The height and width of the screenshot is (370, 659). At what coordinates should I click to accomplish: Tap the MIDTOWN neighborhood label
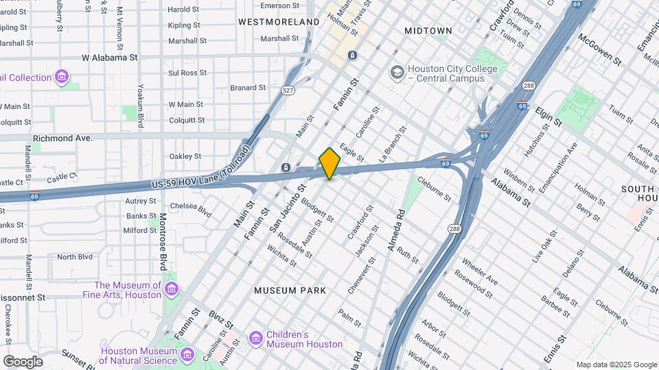click(428, 31)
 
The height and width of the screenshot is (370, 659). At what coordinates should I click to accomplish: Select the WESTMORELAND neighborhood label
click(279, 22)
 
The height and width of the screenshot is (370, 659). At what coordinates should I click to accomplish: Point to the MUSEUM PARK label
click(285, 291)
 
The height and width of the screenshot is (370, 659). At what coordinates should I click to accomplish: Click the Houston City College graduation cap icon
click(396, 72)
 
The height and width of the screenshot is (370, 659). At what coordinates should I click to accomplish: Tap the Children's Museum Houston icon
click(256, 338)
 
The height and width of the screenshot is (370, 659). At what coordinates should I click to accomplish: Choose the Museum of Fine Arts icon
click(171, 291)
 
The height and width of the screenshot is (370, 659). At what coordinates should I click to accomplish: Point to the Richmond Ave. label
click(62, 138)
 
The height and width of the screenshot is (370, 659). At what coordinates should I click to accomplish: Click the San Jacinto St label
click(287, 206)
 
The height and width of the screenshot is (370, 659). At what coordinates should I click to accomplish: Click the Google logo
click(23, 361)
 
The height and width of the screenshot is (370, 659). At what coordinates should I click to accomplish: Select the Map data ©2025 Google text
click(616, 365)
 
